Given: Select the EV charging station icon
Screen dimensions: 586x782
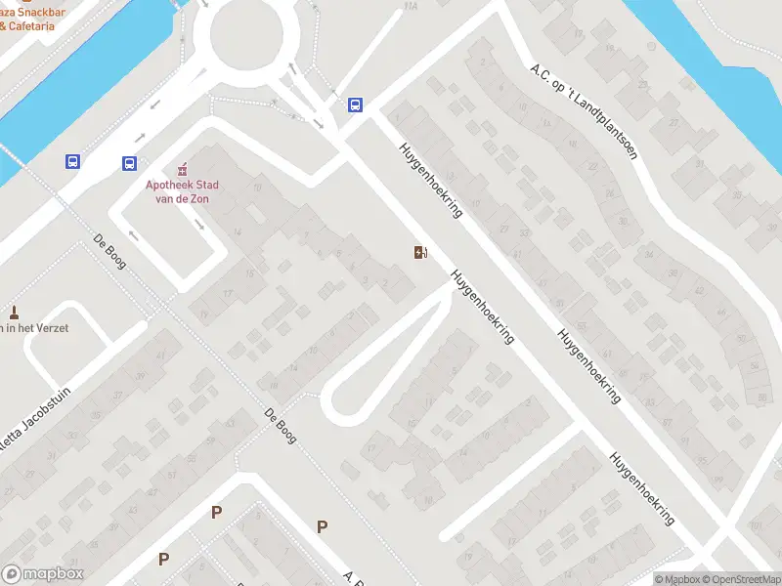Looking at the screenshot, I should click(x=420, y=254).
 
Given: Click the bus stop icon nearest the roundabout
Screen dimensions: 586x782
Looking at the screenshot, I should click(x=355, y=105).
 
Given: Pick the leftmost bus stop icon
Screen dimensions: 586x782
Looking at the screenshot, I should click(x=73, y=162).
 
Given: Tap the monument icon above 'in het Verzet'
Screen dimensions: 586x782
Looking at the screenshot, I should click(x=14, y=313).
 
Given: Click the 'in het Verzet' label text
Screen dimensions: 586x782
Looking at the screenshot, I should click(x=34, y=328).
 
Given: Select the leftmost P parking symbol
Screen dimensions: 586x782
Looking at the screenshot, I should click(x=163, y=560).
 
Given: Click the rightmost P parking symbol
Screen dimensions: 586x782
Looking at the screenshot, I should click(x=322, y=527).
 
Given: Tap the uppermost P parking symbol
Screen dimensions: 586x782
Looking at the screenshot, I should click(x=216, y=512).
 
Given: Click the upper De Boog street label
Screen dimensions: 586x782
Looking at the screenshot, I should click(x=109, y=251).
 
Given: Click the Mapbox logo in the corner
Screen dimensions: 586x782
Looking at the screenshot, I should click(x=44, y=574).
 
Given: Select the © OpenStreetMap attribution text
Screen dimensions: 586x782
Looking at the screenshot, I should click(x=736, y=579).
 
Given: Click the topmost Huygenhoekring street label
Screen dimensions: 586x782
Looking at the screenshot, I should click(x=430, y=181).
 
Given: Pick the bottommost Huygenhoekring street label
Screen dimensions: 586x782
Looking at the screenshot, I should click(x=642, y=488).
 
